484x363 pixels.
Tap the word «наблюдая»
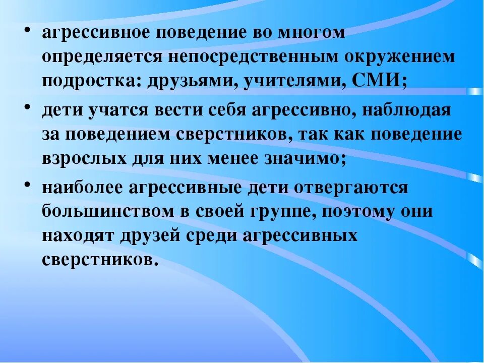coord(408,110)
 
